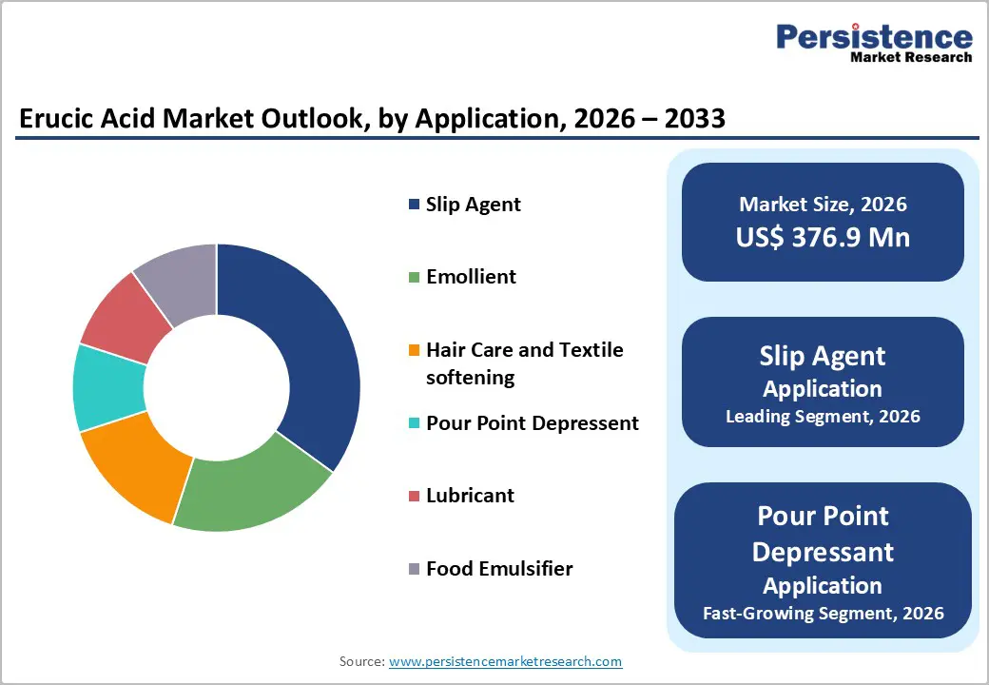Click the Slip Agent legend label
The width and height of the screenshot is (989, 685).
coord(473,205)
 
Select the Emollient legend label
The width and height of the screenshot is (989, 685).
coord(471,277)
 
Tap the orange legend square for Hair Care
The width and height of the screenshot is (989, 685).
coord(413,351)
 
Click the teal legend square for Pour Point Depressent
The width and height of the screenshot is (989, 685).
coord(413,423)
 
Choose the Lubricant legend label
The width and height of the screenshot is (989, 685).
coord(470,496)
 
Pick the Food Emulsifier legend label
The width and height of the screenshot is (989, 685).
coord(499,569)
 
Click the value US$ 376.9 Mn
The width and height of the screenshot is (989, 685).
coord(823,238)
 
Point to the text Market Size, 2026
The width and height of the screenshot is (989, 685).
coord(823,205)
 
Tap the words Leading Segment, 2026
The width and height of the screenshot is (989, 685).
coord(823,417)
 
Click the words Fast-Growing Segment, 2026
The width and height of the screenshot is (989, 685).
coord(823,613)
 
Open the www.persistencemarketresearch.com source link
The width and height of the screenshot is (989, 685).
coord(505,661)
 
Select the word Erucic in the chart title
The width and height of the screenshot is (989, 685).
coord(56,119)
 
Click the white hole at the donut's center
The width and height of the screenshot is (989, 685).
coord(217,388)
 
